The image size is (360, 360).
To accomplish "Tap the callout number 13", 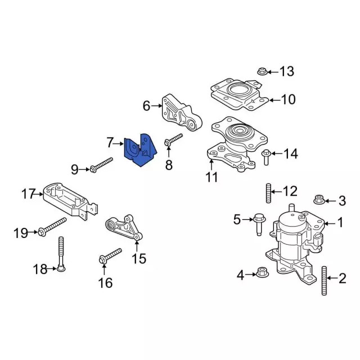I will (x=287, y=71).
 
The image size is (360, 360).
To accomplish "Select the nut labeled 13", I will (x=261, y=71).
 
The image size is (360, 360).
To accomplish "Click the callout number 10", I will (x=287, y=100).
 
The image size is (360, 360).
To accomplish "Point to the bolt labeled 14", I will (x=267, y=157).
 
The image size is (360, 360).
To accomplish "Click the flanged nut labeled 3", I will (x=317, y=199).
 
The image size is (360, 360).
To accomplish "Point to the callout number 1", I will (x=340, y=223).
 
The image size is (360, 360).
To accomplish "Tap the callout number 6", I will (x=146, y=106).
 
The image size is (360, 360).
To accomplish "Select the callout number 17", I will (x=29, y=195).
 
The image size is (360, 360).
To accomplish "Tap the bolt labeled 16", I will (x=110, y=255).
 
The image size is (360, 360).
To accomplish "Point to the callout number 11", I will (x=211, y=177).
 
